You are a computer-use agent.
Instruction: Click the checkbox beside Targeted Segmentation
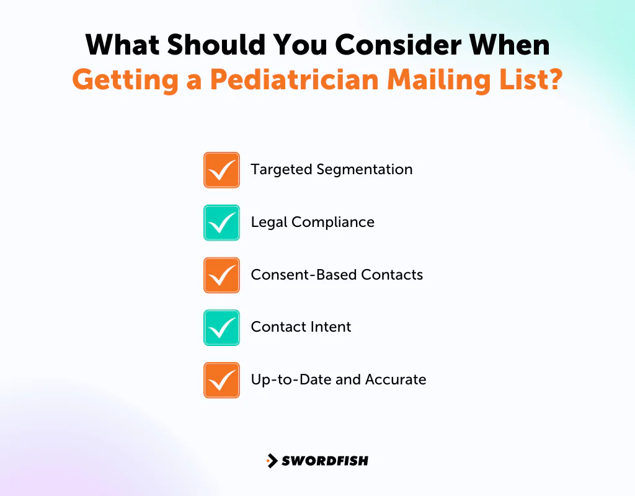221,170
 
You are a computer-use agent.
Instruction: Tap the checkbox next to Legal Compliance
221,223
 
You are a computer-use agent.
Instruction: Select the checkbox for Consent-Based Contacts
221,275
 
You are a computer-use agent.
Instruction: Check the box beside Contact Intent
221,327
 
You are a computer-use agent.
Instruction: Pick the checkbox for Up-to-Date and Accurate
221,380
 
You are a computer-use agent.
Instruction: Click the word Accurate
397,379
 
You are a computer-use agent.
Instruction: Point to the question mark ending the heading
554,81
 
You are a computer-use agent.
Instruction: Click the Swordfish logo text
325,461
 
